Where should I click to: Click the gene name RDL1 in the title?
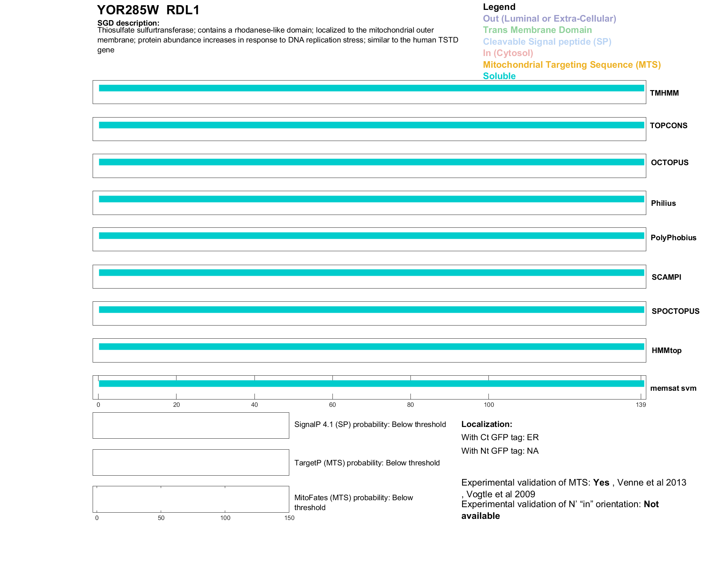(x=183, y=10)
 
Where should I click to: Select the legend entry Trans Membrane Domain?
(x=537, y=30)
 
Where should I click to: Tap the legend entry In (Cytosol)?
(x=508, y=53)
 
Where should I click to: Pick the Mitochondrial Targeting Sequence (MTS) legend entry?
(x=572, y=65)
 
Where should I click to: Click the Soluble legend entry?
(x=499, y=76)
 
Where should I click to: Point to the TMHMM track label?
(x=664, y=93)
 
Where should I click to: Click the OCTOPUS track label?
(x=670, y=163)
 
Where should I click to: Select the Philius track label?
(x=663, y=203)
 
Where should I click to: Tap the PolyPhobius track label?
(x=673, y=238)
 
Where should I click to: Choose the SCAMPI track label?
(x=666, y=277)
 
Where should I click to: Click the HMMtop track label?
(x=666, y=350)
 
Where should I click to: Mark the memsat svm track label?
(x=673, y=388)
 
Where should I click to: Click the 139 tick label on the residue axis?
(x=641, y=405)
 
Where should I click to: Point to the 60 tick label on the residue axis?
(x=332, y=405)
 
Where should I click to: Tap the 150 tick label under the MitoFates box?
(x=289, y=518)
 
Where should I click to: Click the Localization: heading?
(x=487, y=424)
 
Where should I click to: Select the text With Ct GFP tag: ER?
(x=500, y=437)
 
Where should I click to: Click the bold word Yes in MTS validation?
(x=601, y=483)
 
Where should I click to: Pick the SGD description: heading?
(x=128, y=23)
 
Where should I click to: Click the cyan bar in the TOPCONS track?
(x=371, y=125)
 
